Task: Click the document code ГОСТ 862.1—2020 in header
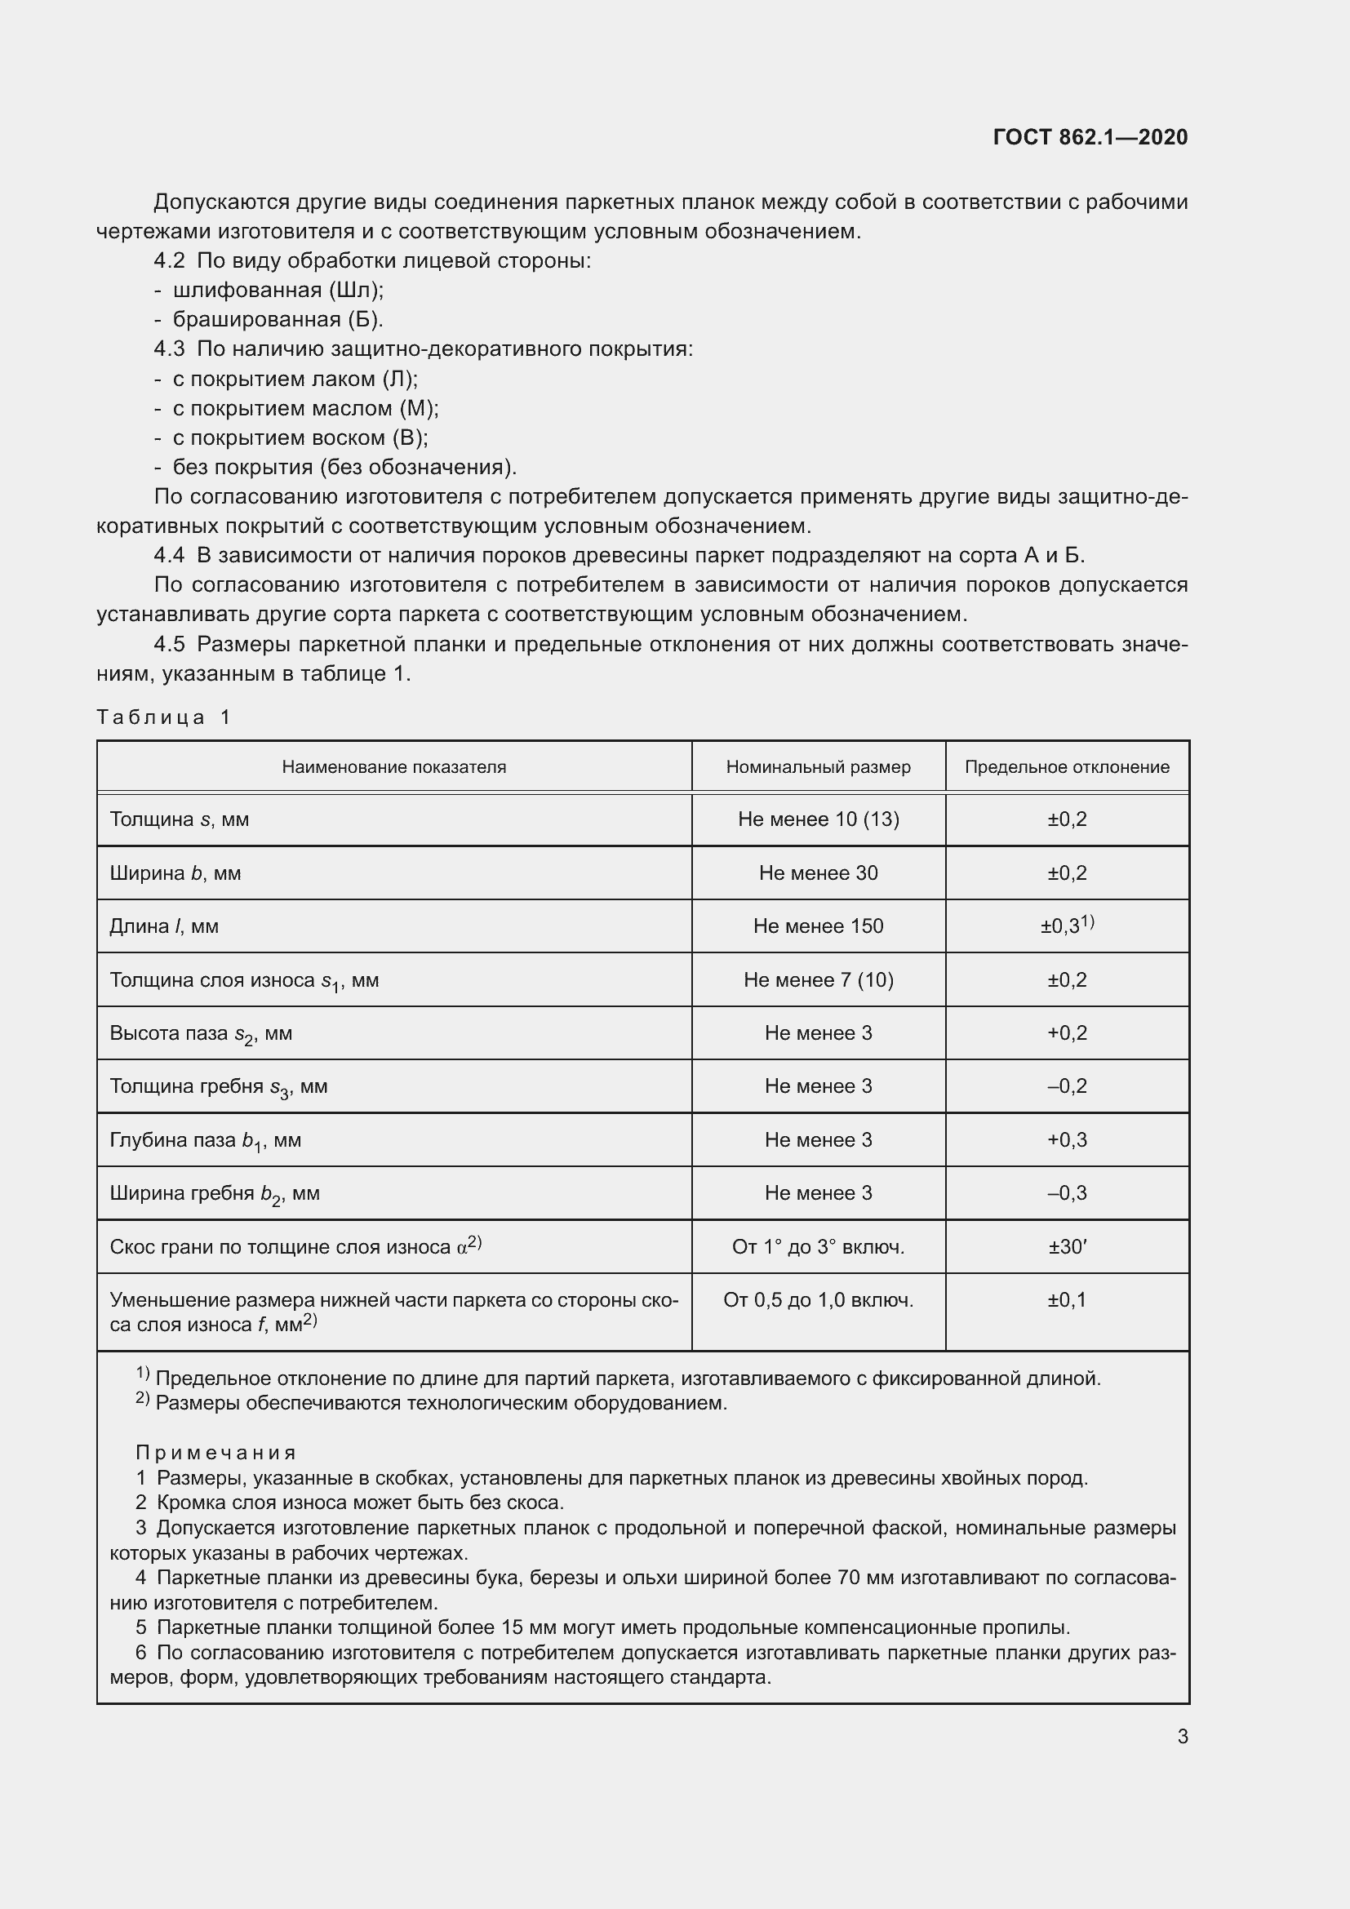click(1090, 137)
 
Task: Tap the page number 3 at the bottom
click(1182, 1736)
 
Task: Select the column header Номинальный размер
click(818, 766)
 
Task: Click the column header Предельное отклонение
click(1067, 766)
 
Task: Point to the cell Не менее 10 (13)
click(818, 819)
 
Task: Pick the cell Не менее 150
click(818, 926)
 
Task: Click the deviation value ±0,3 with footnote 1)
click(1067, 926)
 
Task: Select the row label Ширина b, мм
click(175, 873)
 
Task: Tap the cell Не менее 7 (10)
click(818, 979)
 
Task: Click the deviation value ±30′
click(1067, 1247)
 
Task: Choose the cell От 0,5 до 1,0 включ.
click(818, 1300)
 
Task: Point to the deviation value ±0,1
click(1067, 1300)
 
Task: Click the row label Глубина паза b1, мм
click(206, 1141)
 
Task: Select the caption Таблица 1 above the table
click(163, 717)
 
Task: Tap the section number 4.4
click(169, 556)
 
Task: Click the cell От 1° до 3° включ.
click(818, 1247)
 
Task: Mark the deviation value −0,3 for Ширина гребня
click(1067, 1193)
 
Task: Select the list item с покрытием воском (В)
click(300, 438)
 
